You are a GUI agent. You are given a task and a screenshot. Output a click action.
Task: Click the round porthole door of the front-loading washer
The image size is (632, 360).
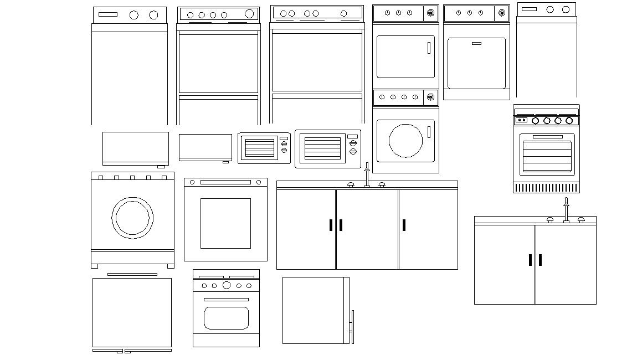[132, 217]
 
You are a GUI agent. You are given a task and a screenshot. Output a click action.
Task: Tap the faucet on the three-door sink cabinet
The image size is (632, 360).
[367, 175]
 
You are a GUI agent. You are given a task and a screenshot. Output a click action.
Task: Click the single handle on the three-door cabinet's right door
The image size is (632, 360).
[404, 225]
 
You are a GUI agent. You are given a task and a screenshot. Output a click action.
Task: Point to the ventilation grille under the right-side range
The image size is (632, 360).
[546, 188]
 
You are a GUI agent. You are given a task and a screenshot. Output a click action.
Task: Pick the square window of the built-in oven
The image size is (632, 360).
[225, 223]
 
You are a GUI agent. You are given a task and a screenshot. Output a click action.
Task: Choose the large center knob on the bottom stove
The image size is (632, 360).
[227, 285]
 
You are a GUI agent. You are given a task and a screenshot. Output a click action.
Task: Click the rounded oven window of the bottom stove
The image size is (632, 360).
[226, 318]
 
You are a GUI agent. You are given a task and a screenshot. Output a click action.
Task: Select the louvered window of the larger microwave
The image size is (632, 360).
[322, 148]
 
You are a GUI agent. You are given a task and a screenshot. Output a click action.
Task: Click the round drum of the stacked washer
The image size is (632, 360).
[406, 140]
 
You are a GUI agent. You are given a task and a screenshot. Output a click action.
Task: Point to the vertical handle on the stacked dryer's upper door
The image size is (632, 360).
[429, 48]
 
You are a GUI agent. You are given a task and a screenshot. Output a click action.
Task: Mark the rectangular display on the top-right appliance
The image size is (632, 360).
[529, 9]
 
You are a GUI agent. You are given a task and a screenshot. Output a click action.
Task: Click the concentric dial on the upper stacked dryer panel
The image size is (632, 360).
[431, 13]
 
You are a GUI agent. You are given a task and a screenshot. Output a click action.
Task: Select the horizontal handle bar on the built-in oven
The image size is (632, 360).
[225, 182]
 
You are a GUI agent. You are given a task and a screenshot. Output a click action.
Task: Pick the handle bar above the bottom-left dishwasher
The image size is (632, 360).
[132, 274]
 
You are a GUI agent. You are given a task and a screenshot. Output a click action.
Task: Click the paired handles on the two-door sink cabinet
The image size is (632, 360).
[535, 260]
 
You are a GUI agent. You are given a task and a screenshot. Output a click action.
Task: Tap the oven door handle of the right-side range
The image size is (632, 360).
[547, 137]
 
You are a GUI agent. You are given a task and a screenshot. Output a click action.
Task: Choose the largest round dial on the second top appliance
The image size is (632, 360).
[249, 14]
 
